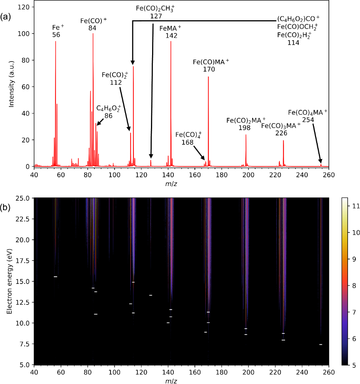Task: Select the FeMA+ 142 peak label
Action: coord(170,32)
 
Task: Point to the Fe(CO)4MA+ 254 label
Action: coord(308,115)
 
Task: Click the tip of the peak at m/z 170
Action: coord(208,77)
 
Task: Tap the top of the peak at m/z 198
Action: coord(246,135)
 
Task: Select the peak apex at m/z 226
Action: coord(283,140)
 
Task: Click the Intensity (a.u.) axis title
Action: coord(12,86)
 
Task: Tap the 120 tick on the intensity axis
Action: coord(25,7)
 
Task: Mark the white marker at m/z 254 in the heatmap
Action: coord(321,344)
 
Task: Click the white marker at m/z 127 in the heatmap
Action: coord(151,295)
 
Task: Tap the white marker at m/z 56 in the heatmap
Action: coord(55,277)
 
